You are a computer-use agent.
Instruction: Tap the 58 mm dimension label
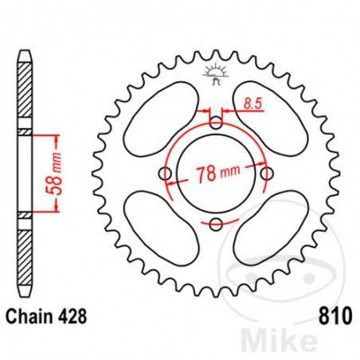coord(57,174)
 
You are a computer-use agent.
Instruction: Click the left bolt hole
coord(166,174)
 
